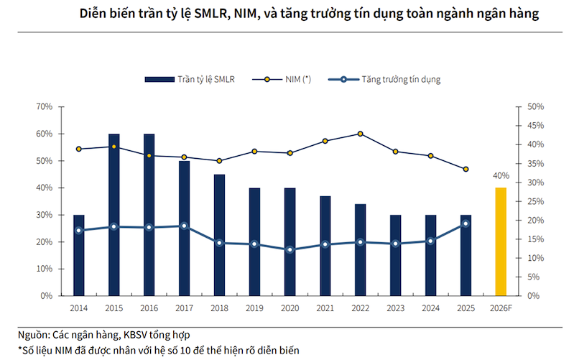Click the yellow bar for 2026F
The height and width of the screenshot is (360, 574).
(501, 241)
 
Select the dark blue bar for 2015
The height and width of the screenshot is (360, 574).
(114, 215)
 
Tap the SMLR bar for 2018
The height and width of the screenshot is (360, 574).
(219, 235)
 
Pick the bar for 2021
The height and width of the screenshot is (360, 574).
(325, 246)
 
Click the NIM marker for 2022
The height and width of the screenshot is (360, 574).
(360, 134)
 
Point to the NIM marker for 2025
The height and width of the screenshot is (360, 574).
(466, 169)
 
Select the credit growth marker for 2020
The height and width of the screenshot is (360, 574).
(290, 250)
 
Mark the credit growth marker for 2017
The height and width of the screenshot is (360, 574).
(184, 226)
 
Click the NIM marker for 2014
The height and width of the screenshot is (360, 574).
(79, 149)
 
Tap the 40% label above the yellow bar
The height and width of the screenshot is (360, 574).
(501, 176)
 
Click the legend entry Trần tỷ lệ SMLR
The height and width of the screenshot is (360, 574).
(190, 80)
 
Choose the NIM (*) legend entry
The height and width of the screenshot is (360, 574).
(282, 80)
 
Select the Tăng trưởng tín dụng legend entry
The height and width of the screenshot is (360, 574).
(384, 80)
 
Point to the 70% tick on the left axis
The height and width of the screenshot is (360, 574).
(45, 106)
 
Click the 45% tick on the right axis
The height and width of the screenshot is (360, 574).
(535, 126)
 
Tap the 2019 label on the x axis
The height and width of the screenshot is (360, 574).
(254, 308)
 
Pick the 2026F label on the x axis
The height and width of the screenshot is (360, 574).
(501, 308)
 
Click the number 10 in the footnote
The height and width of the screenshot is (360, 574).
(185, 351)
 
